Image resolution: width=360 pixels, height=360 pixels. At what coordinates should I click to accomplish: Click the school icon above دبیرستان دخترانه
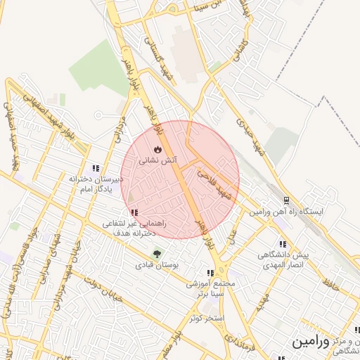[x=96, y=169]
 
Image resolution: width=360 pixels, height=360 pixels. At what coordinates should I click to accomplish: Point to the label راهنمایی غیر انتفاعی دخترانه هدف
[x=134, y=227]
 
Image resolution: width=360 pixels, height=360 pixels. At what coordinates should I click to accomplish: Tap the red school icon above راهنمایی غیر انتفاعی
[x=134, y=212]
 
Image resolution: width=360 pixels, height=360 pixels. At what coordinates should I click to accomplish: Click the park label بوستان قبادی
[x=157, y=266]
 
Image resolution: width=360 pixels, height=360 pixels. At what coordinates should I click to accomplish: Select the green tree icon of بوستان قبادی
[x=156, y=255]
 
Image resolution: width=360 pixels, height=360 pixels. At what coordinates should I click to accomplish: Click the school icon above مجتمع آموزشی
[x=210, y=274]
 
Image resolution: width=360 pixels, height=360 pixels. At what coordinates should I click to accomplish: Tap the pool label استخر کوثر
[x=206, y=319]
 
